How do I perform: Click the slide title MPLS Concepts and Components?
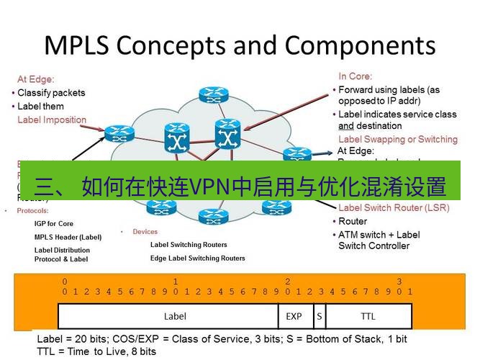pos(240,45)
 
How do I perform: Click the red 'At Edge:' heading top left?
pos(36,79)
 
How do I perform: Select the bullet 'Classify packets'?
pos(51,93)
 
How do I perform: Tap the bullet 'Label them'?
pos(40,107)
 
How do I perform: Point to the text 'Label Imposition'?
pos(52,120)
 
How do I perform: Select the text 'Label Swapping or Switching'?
pos(397,139)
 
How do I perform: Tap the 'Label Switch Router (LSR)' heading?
pos(393,208)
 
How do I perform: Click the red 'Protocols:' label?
pos(33,211)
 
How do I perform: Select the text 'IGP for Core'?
pos(54,224)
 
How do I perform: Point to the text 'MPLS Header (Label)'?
pos(68,237)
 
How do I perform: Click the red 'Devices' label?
pos(145,232)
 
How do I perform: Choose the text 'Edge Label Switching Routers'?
pos(197,258)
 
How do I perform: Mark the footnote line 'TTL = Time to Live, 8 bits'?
pos(96,351)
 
